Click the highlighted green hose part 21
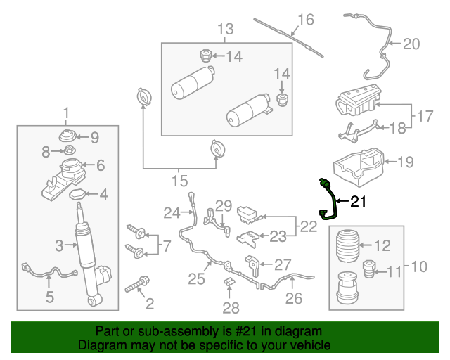point(331,201)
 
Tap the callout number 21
point(359,202)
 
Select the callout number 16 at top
point(304,19)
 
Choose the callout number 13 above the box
point(224,30)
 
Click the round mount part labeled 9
point(69,136)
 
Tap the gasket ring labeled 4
point(79,193)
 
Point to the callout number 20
point(411,44)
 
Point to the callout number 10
point(418,266)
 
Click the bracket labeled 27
point(252,266)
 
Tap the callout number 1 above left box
point(67,113)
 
